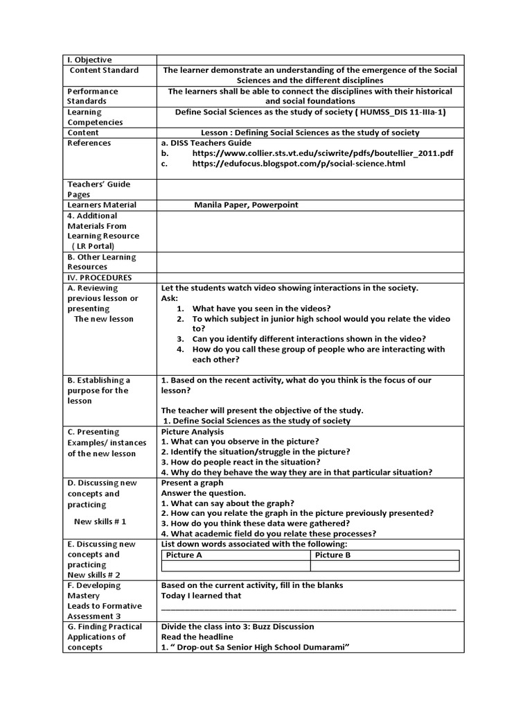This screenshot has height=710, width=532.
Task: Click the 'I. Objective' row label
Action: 89,60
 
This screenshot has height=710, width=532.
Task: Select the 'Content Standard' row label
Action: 104,70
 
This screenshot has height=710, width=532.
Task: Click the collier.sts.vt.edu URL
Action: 323,153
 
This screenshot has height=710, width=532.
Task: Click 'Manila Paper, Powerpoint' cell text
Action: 246,205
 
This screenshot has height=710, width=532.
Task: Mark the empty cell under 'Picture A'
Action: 236,566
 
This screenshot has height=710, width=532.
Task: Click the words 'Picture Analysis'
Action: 193,431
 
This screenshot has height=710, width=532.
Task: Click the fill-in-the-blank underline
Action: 308,608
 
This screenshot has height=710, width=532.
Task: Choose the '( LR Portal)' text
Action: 93,246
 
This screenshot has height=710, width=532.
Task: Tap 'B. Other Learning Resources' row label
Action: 101,261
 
